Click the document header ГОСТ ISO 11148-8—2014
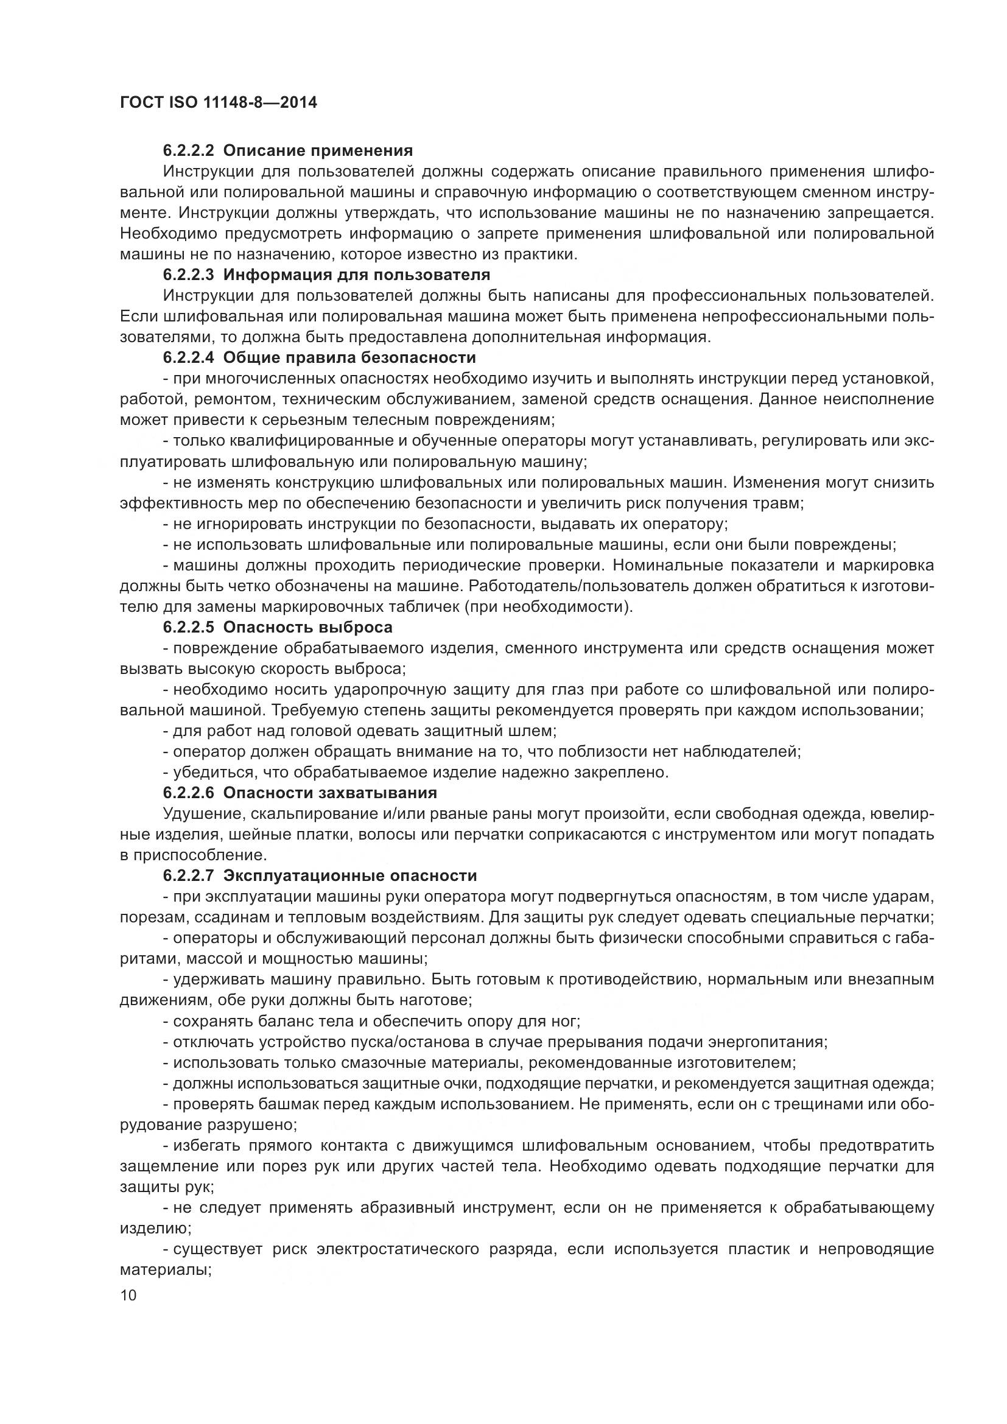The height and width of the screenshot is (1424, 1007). click(219, 102)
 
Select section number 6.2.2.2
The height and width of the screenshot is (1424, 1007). click(189, 151)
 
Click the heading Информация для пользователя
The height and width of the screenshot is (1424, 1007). click(356, 275)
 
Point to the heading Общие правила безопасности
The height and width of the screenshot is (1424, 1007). click(349, 358)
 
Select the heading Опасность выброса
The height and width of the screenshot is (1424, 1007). click(307, 627)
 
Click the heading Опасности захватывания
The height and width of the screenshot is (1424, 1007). click(330, 793)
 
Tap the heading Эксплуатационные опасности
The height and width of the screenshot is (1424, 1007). click(349, 875)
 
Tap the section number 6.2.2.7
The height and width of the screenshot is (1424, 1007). click(189, 875)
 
